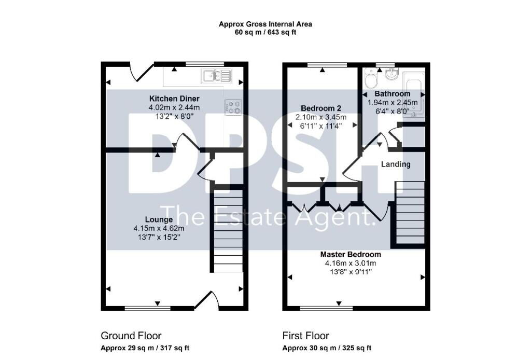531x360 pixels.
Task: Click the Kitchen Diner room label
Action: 174,99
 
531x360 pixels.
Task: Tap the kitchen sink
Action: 216,75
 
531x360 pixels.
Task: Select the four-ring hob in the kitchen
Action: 233,107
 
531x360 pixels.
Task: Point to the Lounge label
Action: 159,219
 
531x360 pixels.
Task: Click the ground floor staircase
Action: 228,230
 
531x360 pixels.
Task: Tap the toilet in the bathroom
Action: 371,79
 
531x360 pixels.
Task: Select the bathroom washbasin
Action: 393,74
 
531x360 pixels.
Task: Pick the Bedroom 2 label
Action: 321,108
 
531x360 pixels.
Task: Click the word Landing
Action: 396,164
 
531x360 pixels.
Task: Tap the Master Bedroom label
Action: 351,254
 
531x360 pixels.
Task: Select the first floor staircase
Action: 410,212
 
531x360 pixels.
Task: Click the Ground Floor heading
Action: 131,336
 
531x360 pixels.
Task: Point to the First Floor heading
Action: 306,336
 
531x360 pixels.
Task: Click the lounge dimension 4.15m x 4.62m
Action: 159,228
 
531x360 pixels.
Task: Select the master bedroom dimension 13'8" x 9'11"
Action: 351,272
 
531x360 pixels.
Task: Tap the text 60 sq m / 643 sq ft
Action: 265,33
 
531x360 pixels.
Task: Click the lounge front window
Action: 148,308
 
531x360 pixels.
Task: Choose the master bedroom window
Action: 327,308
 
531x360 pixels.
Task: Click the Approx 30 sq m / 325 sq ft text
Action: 327,348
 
